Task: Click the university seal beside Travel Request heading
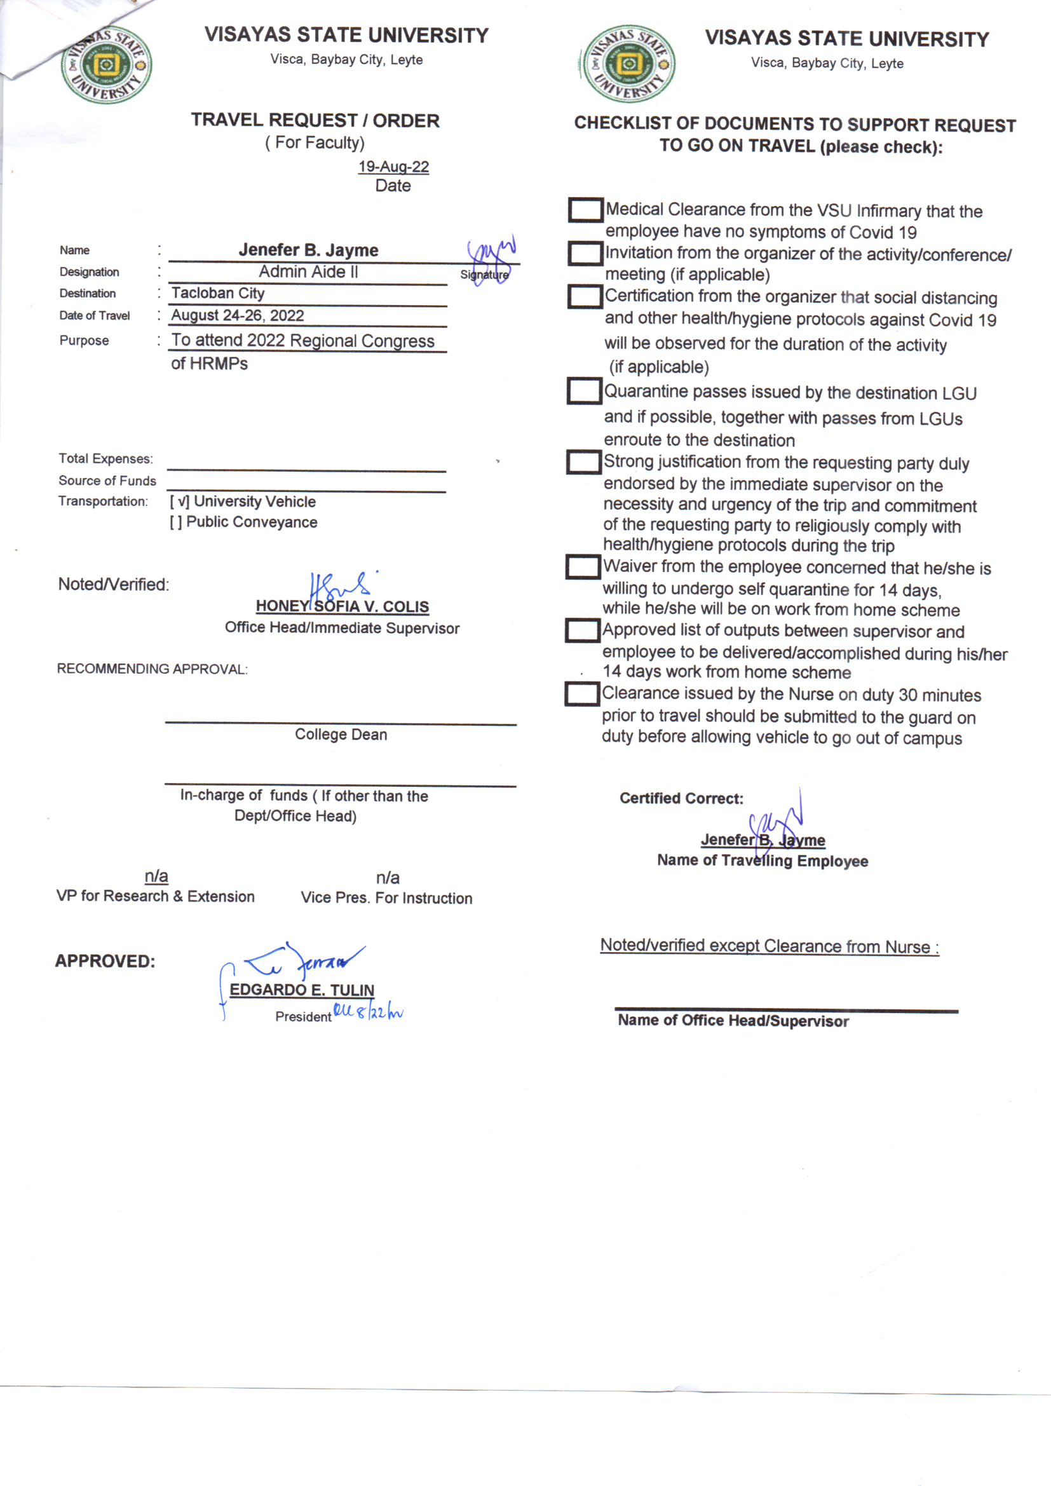coord(106,65)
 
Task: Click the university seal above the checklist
coord(628,64)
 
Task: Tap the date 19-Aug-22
coord(393,167)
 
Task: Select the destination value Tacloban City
coord(218,293)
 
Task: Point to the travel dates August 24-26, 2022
coord(238,315)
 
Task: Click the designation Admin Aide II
coord(308,272)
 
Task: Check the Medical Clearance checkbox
coord(586,210)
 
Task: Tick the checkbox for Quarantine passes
coord(585,391)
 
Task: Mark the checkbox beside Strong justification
coord(584,462)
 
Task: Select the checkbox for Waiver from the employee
coord(583,567)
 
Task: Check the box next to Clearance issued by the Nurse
coord(582,694)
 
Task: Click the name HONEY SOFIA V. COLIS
coord(342,606)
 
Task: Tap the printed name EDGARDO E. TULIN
coord(302,990)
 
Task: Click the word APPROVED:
coord(105,961)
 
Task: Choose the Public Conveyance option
coord(175,522)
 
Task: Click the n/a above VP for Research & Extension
coord(156,876)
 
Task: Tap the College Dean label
coord(341,735)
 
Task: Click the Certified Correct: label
coord(681,798)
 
